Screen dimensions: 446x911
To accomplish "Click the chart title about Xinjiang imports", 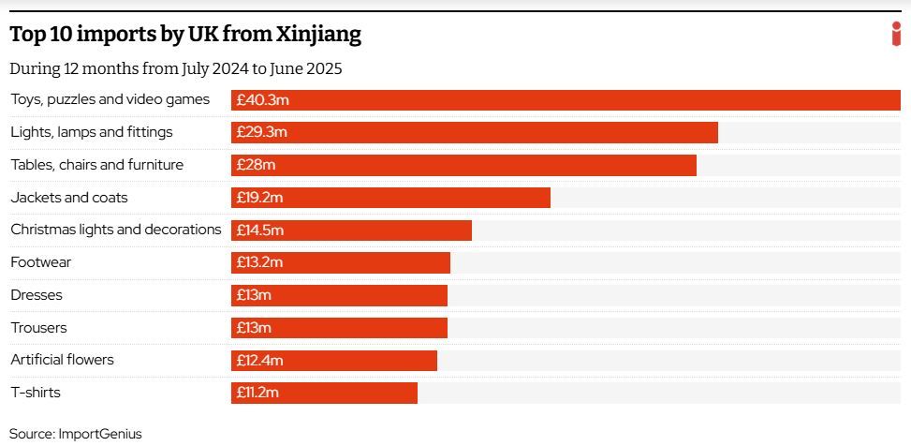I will click(x=185, y=35).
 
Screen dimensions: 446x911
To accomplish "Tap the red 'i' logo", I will click(x=896, y=33).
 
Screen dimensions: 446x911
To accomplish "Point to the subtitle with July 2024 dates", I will click(x=176, y=68).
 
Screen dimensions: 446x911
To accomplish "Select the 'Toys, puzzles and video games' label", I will click(x=110, y=99).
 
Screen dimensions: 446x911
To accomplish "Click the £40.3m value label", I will click(x=261, y=100).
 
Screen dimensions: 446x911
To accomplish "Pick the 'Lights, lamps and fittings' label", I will click(x=92, y=132).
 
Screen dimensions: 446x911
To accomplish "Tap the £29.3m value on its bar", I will click(x=261, y=132).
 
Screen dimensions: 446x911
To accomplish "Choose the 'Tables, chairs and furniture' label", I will click(x=96, y=165).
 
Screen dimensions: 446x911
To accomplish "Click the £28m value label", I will click(x=256, y=165).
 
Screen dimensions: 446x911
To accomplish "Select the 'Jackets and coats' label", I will click(x=69, y=198).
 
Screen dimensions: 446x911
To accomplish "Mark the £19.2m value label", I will click(x=259, y=198).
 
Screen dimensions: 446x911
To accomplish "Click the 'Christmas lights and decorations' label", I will click(x=116, y=230).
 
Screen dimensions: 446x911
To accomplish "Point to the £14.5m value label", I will click(x=259, y=230).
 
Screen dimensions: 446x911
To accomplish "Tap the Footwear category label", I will click(x=40, y=262).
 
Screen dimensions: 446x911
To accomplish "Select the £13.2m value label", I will click(x=259, y=263).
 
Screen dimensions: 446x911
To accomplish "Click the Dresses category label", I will click(x=37, y=295).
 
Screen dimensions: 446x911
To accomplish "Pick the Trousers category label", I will click(x=38, y=328).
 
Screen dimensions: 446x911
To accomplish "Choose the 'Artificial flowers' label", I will click(x=62, y=360).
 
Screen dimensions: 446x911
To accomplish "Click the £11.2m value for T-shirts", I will click(x=257, y=394).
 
